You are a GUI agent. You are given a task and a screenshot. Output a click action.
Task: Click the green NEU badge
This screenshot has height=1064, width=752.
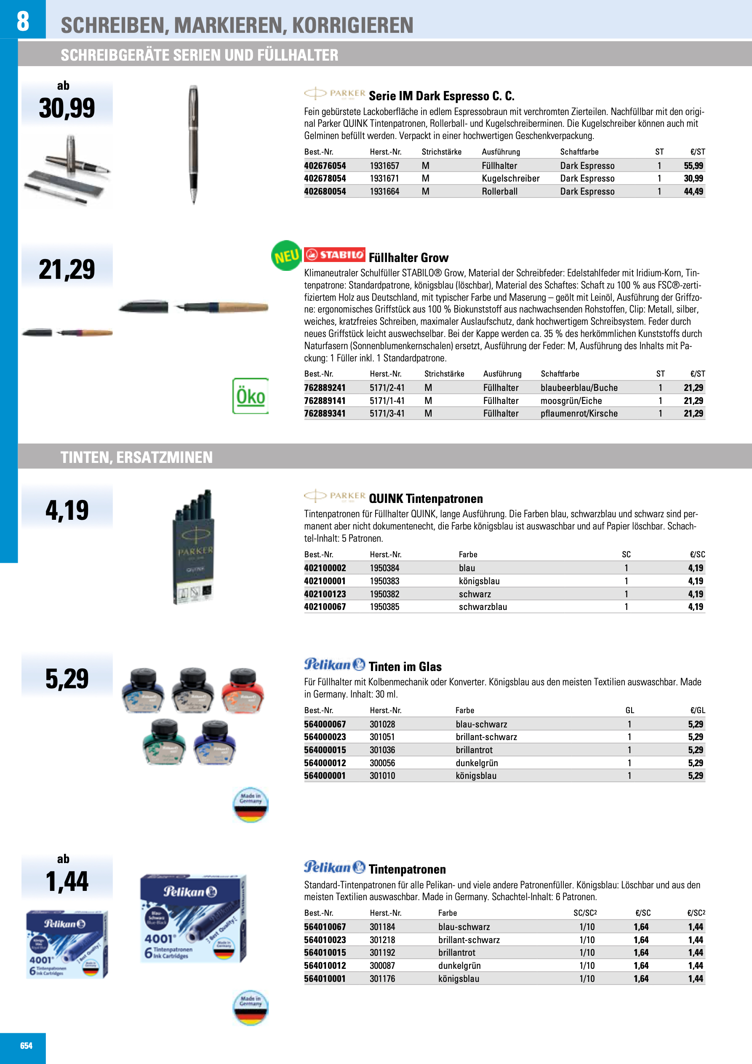click(x=286, y=255)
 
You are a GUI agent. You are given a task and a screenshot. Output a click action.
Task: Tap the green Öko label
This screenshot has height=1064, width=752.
click(x=250, y=396)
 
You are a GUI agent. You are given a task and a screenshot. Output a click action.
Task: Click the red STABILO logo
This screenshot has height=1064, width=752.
click(x=335, y=254)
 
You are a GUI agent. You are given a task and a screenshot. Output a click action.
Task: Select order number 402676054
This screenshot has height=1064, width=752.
click(x=325, y=166)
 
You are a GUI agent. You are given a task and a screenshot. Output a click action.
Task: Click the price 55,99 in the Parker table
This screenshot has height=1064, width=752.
click(x=693, y=166)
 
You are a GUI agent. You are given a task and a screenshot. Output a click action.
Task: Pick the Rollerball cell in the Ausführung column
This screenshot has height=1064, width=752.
click(x=499, y=191)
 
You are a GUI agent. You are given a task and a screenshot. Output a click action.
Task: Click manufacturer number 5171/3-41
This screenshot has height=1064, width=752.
click(x=387, y=413)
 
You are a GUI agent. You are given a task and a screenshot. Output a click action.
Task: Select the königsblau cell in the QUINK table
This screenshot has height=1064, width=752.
click(x=479, y=581)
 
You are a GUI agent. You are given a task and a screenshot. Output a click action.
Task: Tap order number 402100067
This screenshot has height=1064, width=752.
click(x=325, y=607)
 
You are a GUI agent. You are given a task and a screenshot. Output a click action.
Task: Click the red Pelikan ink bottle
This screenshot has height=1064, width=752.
click(x=243, y=690)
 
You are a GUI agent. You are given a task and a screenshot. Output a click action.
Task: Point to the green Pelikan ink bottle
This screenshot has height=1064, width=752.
click(x=165, y=741)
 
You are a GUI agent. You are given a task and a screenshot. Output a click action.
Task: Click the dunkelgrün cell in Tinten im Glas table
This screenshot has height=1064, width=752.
click(x=476, y=763)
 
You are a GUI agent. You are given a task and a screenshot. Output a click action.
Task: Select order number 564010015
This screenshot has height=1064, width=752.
click(x=325, y=953)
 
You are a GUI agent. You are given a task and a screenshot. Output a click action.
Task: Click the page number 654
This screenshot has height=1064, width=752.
click(x=27, y=1045)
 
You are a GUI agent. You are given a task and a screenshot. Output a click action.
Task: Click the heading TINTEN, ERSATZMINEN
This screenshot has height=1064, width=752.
click(x=137, y=457)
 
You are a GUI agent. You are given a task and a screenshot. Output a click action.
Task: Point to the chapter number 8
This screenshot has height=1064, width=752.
click(x=23, y=21)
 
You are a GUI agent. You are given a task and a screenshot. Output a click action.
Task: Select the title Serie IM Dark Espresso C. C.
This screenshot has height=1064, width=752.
click(x=441, y=96)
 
